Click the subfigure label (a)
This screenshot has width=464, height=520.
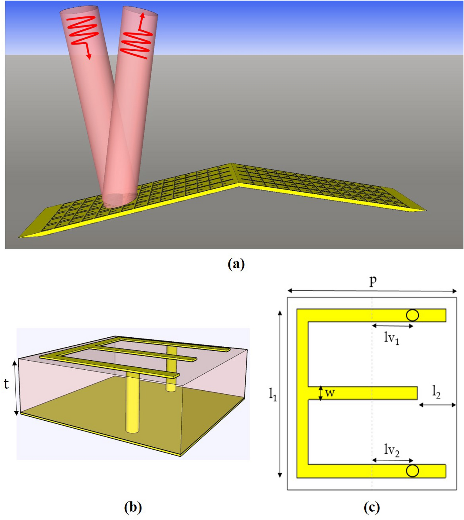pos(236,264)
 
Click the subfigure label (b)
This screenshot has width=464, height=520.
pos(133,507)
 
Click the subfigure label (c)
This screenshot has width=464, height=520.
pos(371,507)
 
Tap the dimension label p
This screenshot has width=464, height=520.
pos(373,280)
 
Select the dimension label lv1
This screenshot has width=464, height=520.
pos(391,338)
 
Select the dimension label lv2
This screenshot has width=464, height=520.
pos(391,450)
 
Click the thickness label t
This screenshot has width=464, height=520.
pos(7,384)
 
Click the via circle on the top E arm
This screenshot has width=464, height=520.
pos(412,315)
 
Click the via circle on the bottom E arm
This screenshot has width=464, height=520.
pos(412,471)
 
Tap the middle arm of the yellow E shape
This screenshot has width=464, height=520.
pos(362,393)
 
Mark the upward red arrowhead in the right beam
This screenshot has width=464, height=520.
pos(142,16)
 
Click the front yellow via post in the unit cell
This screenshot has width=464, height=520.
pos(132,402)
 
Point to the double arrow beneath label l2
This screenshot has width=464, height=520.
pos(437,405)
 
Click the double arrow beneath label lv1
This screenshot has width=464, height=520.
pos(392,326)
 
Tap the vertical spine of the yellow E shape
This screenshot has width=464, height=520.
pos(302,393)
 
